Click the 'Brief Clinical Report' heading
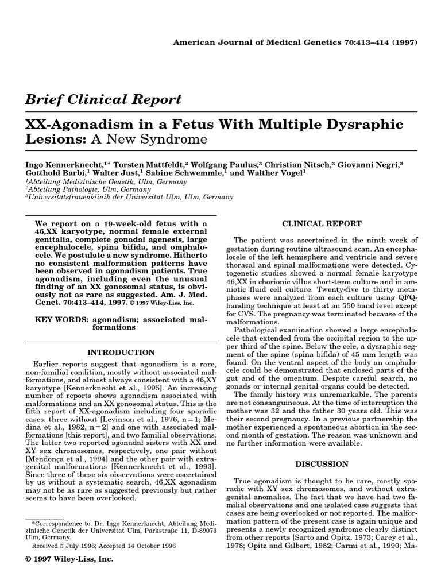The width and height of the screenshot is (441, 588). [103, 99]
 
